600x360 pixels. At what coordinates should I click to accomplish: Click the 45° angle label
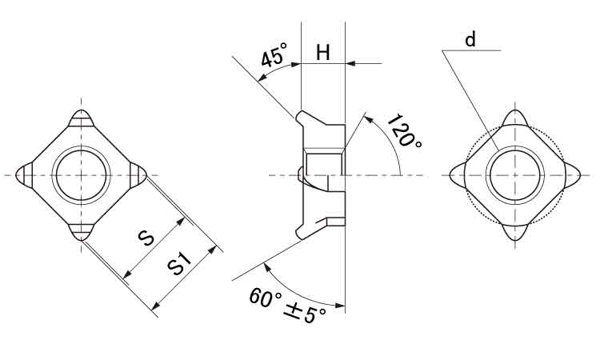pos(274,54)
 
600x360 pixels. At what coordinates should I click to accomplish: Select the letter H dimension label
pos(323,53)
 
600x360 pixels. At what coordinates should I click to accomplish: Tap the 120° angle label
pos(404,131)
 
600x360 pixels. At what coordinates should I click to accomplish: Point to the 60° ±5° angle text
pos(287,306)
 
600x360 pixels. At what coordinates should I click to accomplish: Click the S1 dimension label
pos(179,263)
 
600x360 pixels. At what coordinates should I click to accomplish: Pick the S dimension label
pos(146,238)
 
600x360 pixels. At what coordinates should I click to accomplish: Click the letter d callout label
pos(470,39)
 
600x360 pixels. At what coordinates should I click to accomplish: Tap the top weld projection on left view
pos(81,118)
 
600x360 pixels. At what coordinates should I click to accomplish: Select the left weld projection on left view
pos(24,175)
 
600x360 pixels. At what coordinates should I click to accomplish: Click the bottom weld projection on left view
pos(81,232)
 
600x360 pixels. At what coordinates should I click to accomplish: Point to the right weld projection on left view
pos(138,175)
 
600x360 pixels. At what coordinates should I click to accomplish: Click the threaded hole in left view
pos(81,175)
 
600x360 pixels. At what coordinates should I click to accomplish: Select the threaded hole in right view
pos(515,175)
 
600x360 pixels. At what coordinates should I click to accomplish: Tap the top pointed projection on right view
pos(515,118)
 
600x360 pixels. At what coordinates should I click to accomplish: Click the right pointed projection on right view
pos(573,175)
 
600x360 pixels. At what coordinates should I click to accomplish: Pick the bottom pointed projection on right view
pos(515,232)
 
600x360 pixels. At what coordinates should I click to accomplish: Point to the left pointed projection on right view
pos(458,175)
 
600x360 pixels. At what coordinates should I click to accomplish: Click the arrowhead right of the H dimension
pos(350,63)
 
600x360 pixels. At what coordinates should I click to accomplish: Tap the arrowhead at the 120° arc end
pos(367,118)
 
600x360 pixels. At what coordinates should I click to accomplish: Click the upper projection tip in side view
pos(299,114)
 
